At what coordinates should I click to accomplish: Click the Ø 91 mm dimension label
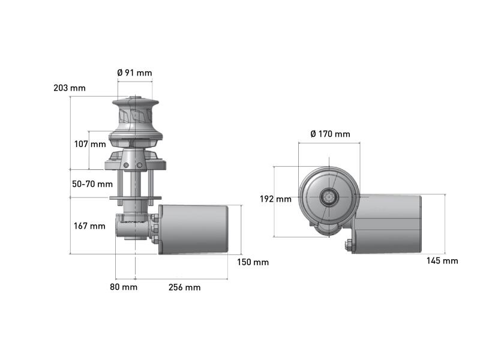(134, 73)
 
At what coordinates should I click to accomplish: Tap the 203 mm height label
(70, 88)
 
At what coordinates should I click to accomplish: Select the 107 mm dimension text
(90, 144)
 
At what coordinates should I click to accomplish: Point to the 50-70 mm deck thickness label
(92, 184)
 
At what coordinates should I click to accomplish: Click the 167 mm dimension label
(89, 226)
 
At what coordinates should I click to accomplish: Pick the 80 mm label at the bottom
(124, 287)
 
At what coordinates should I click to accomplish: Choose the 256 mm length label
(185, 287)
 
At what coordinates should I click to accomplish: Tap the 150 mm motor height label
(253, 262)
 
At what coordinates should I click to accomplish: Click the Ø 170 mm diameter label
(331, 134)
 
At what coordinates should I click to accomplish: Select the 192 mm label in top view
(275, 199)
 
